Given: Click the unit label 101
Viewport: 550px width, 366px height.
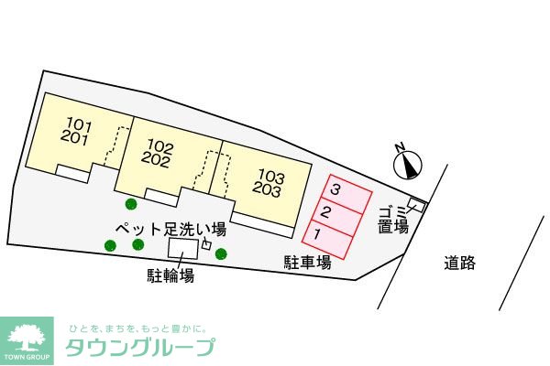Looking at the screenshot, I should [x=80, y=124].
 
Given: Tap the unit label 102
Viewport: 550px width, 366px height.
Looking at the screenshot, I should [x=159, y=145].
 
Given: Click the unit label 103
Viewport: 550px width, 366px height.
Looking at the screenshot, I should [x=270, y=175].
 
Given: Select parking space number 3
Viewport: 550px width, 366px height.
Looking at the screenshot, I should [x=336, y=190].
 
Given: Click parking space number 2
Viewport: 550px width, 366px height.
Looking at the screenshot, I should [x=325, y=213].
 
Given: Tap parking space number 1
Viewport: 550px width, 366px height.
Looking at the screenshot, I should [x=317, y=235].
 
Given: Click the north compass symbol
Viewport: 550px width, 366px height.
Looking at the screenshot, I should [x=409, y=163].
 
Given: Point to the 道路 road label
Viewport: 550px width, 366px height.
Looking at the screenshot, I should [x=460, y=264].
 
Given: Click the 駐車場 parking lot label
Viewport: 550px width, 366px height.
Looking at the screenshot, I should [x=305, y=263].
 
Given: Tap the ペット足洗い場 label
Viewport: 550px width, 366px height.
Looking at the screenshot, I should [x=170, y=228].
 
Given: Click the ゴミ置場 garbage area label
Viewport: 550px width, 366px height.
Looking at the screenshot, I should [x=393, y=220].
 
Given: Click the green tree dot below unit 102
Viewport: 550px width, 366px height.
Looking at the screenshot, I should [x=130, y=204].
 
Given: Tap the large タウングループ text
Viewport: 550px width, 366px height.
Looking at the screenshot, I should [x=139, y=348].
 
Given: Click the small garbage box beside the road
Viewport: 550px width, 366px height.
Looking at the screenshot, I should [x=417, y=204].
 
